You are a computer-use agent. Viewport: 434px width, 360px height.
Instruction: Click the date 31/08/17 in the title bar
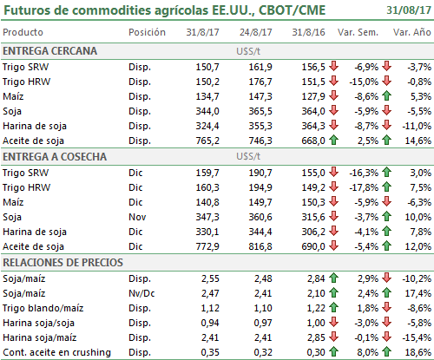click(x=409, y=10)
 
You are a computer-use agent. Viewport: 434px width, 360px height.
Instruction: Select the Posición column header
click(x=147, y=32)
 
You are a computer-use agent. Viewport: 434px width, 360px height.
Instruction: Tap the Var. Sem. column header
click(x=358, y=32)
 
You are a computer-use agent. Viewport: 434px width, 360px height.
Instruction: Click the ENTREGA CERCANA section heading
click(x=49, y=51)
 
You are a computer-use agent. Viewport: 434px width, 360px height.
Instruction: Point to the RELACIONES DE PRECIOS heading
click(x=62, y=263)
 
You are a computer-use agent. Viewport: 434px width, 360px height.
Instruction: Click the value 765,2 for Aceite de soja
click(x=207, y=141)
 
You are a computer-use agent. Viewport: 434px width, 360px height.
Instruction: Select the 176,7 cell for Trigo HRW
click(x=260, y=82)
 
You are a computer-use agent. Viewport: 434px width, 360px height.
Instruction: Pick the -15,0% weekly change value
click(x=364, y=82)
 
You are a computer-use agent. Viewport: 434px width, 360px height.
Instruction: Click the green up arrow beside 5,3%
click(x=386, y=95)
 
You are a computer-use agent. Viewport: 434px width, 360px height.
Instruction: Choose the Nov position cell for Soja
click(x=137, y=217)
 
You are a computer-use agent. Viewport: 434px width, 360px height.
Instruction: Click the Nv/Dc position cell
click(x=141, y=293)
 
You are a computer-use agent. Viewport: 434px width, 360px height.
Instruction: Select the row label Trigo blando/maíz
click(x=43, y=308)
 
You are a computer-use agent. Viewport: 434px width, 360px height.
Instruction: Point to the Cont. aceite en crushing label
click(x=56, y=352)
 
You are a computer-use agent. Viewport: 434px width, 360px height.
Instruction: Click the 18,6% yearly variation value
click(x=418, y=352)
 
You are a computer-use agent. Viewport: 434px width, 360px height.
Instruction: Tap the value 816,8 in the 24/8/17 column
click(x=260, y=246)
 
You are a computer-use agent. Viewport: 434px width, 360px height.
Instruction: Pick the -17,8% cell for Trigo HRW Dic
click(x=364, y=187)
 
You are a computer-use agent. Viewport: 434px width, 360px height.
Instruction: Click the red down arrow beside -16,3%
click(x=333, y=172)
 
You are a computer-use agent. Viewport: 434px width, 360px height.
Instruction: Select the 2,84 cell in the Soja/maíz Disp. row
click(x=316, y=278)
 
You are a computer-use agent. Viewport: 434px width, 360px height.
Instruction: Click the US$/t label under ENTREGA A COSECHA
click(x=248, y=156)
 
